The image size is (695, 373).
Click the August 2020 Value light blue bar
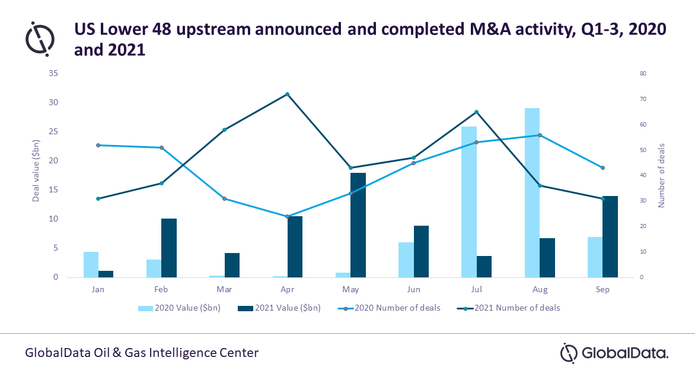pyautogui.click(x=532, y=192)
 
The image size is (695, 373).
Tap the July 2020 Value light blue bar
pyautogui.click(x=469, y=202)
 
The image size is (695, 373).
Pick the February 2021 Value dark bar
pyautogui.click(x=169, y=248)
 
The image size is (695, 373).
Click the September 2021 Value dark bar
pyautogui.click(x=610, y=236)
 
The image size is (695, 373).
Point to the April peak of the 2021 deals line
pyautogui.click(x=287, y=94)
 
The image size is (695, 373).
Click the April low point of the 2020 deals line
pyautogui.click(x=287, y=216)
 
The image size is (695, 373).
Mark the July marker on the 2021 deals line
pyautogui.click(x=476, y=112)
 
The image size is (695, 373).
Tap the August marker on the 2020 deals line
pyautogui.click(x=540, y=135)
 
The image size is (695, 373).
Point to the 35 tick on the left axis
pyautogui.click(x=54, y=74)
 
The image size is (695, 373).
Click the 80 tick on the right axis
pyautogui.click(x=643, y=74)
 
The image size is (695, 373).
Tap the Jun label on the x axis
pyautogui.click(x=413, y=290)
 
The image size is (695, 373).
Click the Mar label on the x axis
pyautogui.click(x=224, y=290)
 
